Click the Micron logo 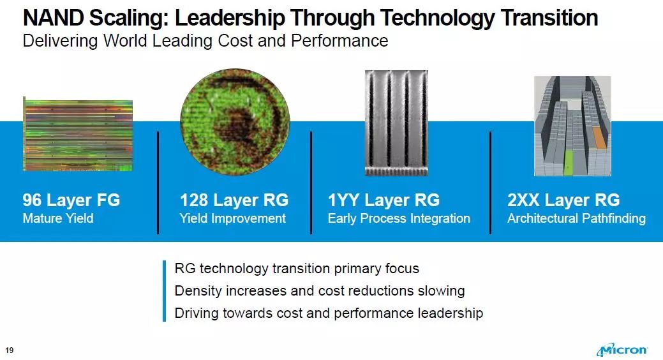click(x=622, y=350)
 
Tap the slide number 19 click(x=10, y=350)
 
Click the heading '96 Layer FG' click(x=71, y=200)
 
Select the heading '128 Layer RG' click(x=234, y=200)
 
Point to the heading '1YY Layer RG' click(x=384, y=200)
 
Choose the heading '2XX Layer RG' click(x=563, y=200)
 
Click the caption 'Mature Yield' click(x=58, y=218)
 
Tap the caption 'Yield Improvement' click(x=233, y=218)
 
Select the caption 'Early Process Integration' click(x=399, y=218)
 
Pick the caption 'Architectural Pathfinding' click(x=577, y=218)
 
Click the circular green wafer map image click(x=235, y=122)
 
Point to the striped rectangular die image click(x=78, y=135)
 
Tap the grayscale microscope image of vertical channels click(x=397, y=123)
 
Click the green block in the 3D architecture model click(x=569, y=162)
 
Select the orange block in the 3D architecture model click(x=600, y=137)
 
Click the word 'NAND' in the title click(x=53, y=18)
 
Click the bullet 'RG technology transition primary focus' click(x=297, y=268)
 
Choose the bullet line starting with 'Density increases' click(x=320, y=290)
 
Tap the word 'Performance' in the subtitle click(x=339, y=41)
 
